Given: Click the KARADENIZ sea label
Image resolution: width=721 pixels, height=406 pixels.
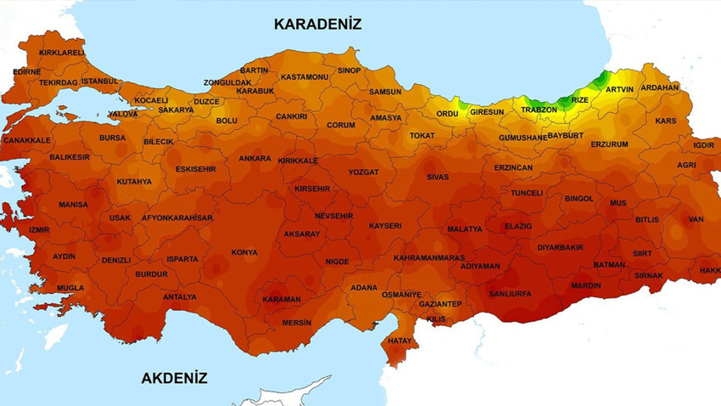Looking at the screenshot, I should pos(317,24).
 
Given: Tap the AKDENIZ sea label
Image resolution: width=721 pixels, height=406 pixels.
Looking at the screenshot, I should pos(174,378).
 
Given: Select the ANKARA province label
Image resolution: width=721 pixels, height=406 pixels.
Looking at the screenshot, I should pos(254,158).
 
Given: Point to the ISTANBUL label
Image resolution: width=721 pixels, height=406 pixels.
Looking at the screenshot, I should pos(101,81).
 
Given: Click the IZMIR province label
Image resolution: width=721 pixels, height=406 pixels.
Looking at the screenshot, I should pos(39,230).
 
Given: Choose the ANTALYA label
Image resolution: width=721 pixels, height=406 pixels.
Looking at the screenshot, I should pos(179,297).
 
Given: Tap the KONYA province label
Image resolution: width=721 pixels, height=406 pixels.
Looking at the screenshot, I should pos(244,252).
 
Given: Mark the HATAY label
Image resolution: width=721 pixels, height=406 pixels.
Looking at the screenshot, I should pos(399,341).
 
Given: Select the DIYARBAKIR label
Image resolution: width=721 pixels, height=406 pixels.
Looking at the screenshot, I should pos(560,247).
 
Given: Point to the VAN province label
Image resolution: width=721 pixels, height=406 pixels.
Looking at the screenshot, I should pos(696,219).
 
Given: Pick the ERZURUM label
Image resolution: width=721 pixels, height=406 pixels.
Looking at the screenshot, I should pos(609,144).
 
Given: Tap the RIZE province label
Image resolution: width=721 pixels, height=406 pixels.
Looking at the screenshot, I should pos(579,99).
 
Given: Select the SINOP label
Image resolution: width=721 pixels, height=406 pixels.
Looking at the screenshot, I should pos(349,70).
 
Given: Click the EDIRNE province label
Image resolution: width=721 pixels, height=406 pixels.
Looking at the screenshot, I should pos(26,72).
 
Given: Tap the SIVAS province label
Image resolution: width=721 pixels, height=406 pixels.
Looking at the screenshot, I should pos(437,177).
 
